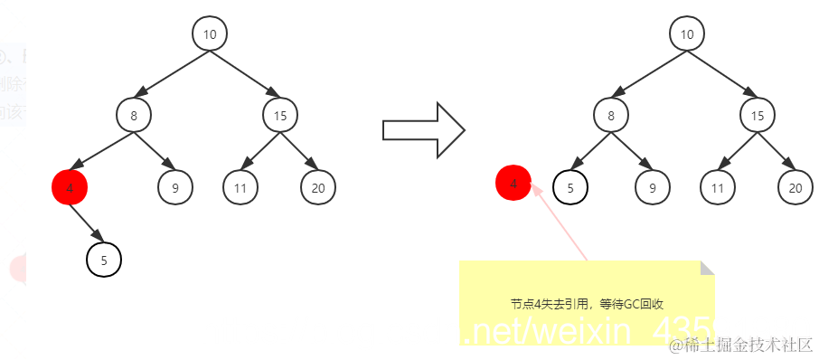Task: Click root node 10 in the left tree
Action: point(209,34)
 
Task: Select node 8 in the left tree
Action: point(133,115)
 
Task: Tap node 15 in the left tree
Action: point(280,115)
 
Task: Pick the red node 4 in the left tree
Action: point(70,187)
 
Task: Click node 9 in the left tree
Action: point(174,187)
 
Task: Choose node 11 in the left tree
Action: point(240,187)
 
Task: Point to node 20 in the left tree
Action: point(318,187)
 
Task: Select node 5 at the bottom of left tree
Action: point(104,261)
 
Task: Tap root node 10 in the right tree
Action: point(686,34)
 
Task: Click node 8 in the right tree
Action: point(611,115)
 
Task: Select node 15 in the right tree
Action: point(758,115)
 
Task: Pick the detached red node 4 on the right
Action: point(513,184)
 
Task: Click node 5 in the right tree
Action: point(570,187)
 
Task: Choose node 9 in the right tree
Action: point(652,187)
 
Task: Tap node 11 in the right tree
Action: point(718,187)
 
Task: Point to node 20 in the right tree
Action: point(795,187)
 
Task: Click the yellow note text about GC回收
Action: point(588,305)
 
